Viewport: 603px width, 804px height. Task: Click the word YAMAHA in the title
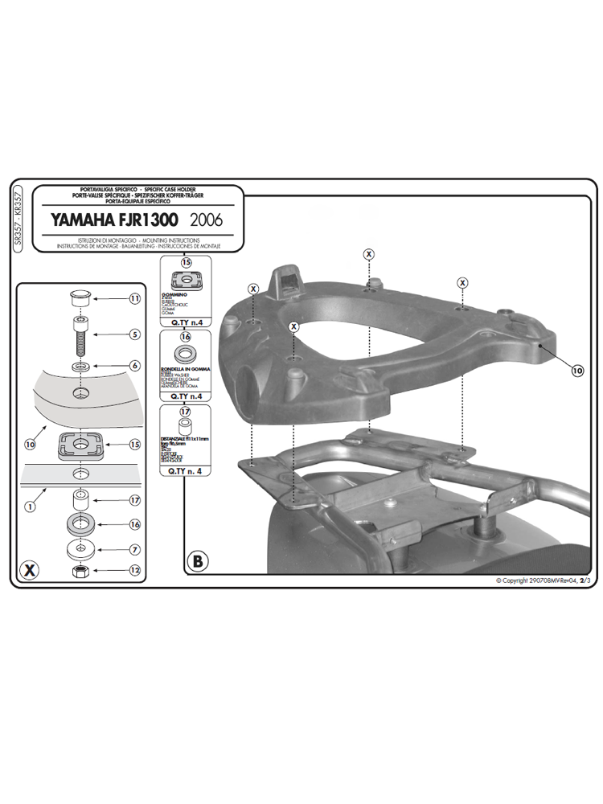(x=79, y=219)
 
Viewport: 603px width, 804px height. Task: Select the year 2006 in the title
(x=207, y=219)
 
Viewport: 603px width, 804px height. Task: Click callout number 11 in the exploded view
(x=134, y=298)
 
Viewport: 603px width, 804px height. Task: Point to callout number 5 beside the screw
(x=134, y=334)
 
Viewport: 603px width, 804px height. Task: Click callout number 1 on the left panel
(x=29, y=507)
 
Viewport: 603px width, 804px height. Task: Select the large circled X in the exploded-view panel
(x=29, y=570)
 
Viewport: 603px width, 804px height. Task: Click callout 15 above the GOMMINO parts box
(x=186, y=263)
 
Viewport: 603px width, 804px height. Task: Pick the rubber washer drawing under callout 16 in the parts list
(x=185, y=355)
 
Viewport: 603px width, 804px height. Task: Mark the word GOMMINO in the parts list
(x=178, y=297)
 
